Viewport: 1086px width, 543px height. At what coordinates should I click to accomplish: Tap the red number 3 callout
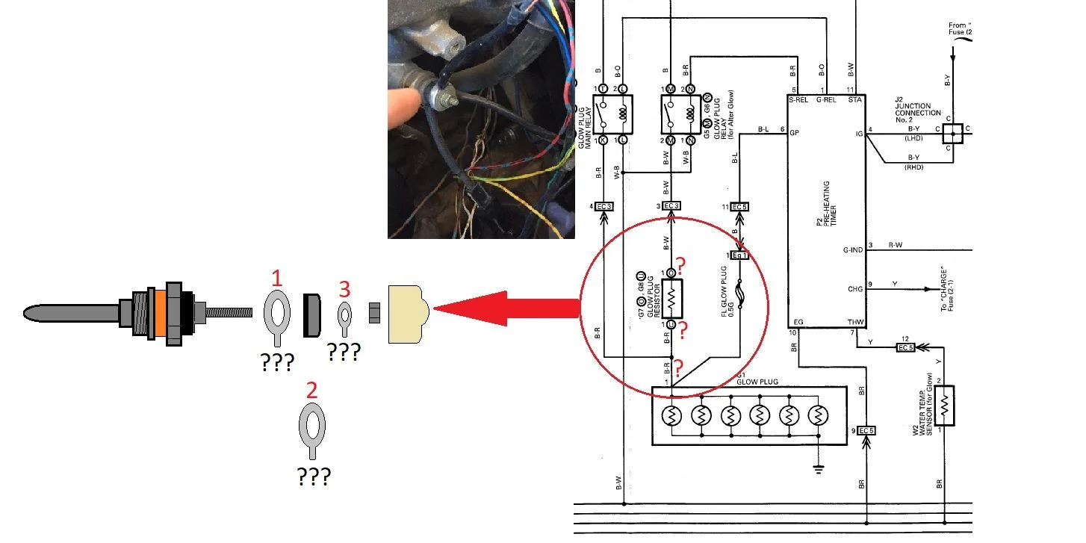[344, 288]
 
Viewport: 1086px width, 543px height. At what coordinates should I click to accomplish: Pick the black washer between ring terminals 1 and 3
[312, 313]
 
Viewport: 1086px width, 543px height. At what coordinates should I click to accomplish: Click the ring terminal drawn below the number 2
[312, 429]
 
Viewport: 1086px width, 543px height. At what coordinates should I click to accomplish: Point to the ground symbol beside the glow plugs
[819, 470]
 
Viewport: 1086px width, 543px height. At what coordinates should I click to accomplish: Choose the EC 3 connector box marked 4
[604, 206]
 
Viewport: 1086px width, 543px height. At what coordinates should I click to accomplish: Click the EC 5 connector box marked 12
[905, 347]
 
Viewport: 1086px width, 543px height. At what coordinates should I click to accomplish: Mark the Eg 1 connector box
[739, 255]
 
